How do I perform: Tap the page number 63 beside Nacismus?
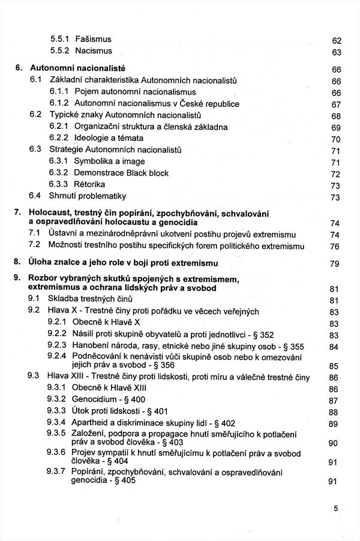coord(336,52)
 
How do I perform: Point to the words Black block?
coord(148,173)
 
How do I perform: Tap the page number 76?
coord(335,246)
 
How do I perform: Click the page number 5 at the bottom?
coord(336,508)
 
